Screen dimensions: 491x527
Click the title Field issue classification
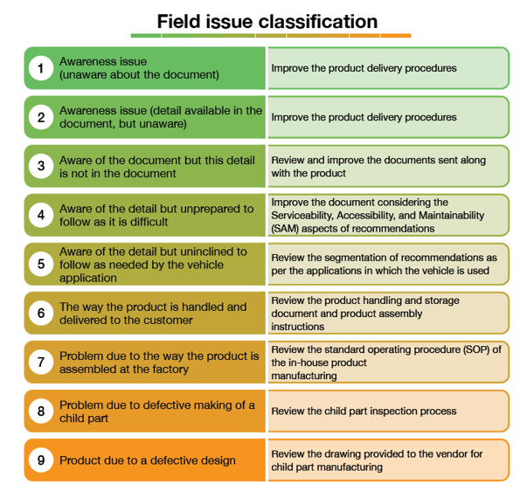[x=267, y=21]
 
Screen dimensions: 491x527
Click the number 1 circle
[x=39, y=68]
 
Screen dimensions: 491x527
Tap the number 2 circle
[x=39, y=117]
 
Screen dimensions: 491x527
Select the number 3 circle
[x=39, y=166]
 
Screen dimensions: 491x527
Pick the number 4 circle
[x=39, y=215]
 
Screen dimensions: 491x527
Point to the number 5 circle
[x=39, y=264]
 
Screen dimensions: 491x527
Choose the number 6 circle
[x=39, y=313]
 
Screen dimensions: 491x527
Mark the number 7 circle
[x=39, y=362]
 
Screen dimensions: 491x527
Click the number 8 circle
[x=39, y=411]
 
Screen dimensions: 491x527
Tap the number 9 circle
[x=39, y=460]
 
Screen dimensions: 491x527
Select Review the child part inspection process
[x=364, y=411]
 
